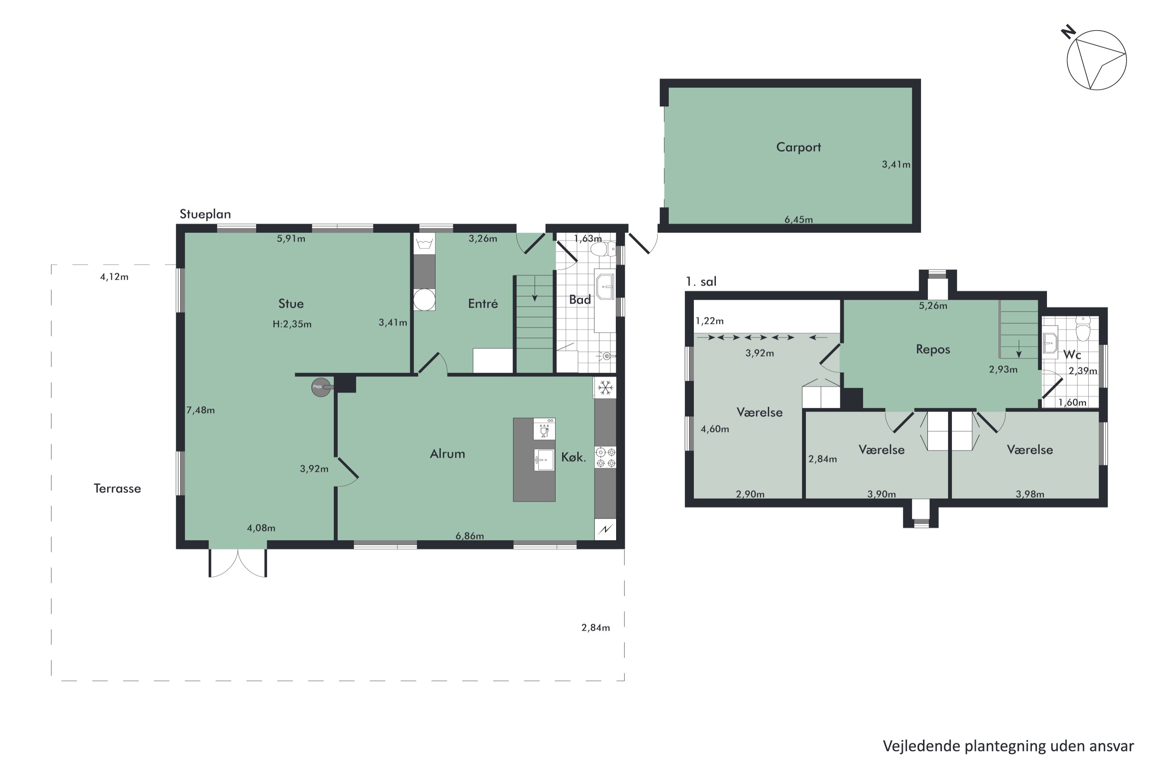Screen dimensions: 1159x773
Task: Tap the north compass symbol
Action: [x=1096, y=61]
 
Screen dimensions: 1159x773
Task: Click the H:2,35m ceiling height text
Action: [x=292, y=324]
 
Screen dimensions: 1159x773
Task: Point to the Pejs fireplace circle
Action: [x=321, y=387]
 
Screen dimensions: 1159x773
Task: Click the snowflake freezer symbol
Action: [x=605, y=388]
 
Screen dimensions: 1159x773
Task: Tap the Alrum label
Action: [x=447, y=453]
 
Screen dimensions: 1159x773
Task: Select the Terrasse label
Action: [x=117, y=489]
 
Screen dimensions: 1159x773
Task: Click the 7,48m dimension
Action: [x=201, y=410]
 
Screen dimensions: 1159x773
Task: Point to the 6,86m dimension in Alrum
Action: [x=470, y=536]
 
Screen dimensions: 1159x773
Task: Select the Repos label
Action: [x=933, y=349]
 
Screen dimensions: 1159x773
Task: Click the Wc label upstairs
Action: [x=1072, y=354]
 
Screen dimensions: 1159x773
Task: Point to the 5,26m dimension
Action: [x=933, y=306]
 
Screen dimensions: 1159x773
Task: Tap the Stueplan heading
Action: [x=205, y=214]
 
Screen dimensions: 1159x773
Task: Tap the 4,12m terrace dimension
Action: [x=114, y=277]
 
